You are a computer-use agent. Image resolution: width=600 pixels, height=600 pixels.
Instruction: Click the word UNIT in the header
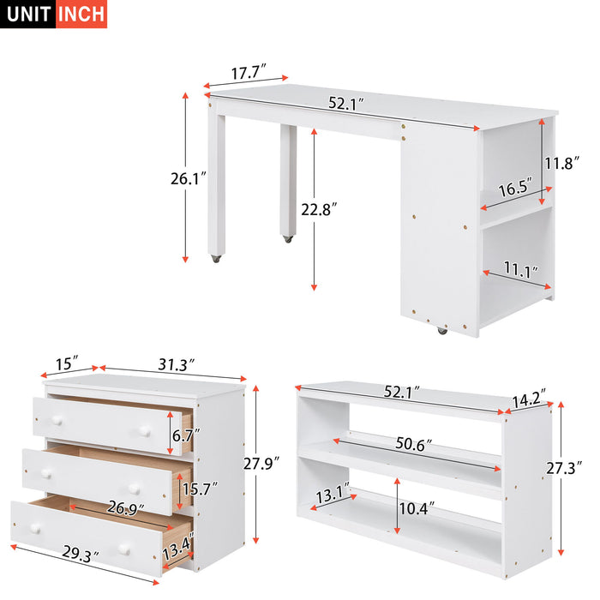point(28,15)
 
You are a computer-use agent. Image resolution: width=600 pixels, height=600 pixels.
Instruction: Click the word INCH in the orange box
point(81,15)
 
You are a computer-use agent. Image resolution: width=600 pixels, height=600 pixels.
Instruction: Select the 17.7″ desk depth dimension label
point(249,73)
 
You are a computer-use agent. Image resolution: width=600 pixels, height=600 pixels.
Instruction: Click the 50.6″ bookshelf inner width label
point(415,445)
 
